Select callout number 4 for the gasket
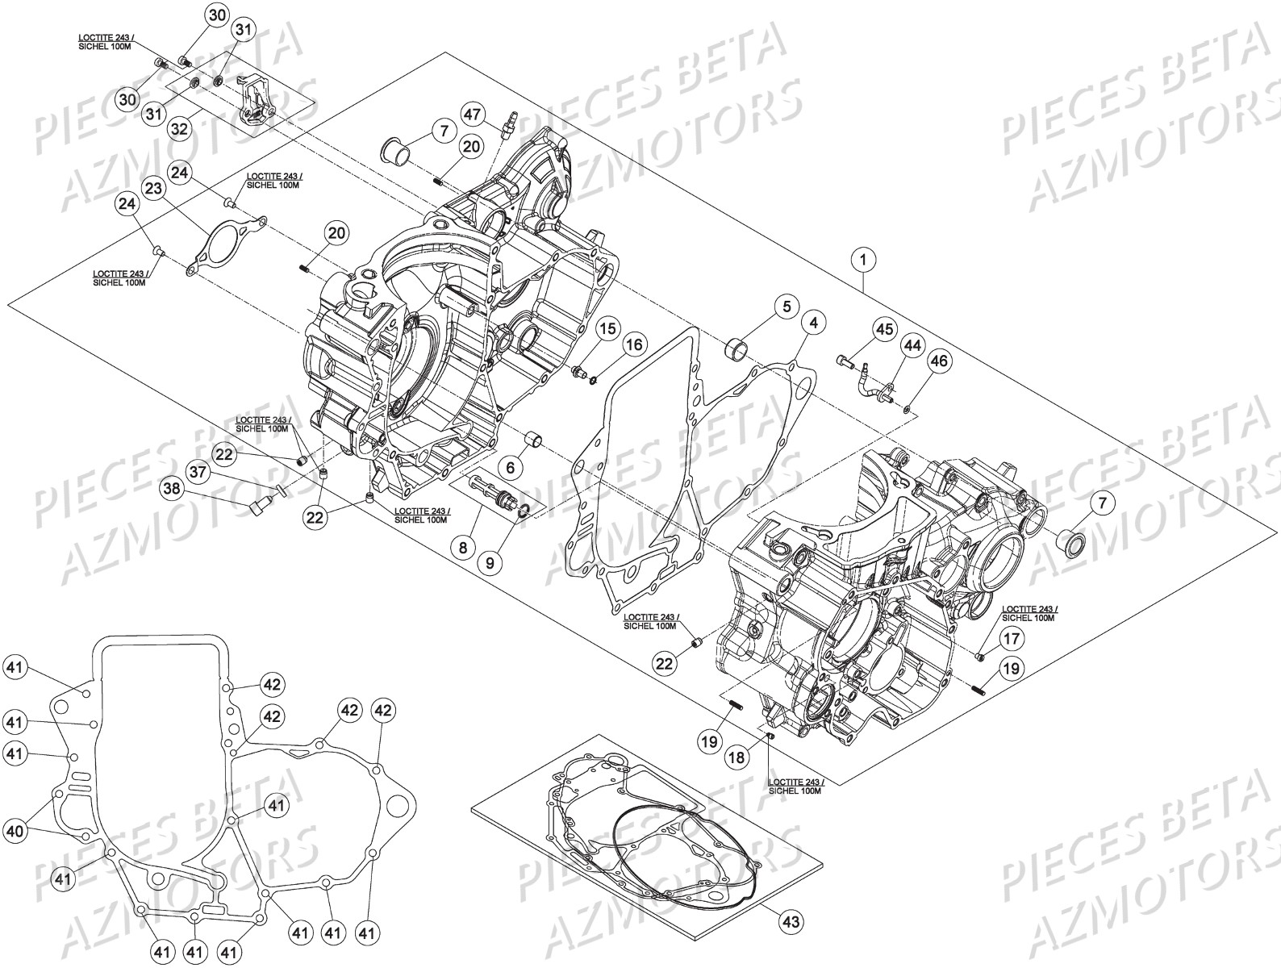(813, 323)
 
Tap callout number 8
(463, 548)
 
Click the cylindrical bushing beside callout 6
(533, 440)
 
